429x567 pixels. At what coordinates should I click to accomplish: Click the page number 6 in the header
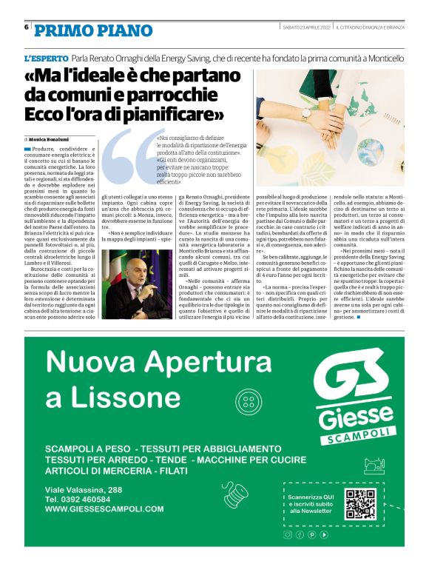[x=26, y=27]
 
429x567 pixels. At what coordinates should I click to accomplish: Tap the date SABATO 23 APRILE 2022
[x=305, y=27]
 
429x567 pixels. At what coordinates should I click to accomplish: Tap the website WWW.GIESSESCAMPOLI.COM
[x=104, y=509]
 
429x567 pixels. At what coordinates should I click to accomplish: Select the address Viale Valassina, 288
[x=84, y=490]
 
